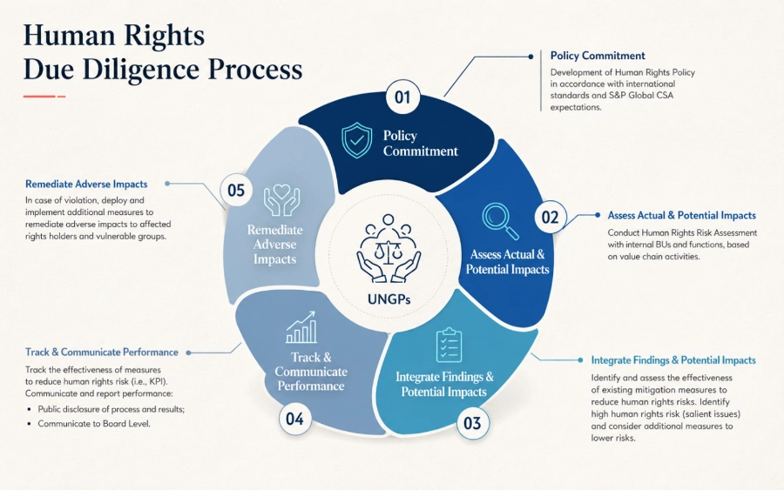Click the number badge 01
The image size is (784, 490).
click(402, 97)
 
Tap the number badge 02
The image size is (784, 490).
click(550, 218)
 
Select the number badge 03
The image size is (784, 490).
click(472, 423)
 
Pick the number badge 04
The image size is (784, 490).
click(295, 419)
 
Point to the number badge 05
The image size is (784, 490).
click(236, 191)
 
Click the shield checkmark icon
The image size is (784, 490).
click(356, 140)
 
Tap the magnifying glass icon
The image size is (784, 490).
click(500, 221)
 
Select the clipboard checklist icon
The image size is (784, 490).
click(449, 346)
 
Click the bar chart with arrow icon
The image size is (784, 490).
click(301, 327)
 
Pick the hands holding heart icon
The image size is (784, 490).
click(282, 200)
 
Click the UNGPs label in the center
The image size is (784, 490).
click(389, 299)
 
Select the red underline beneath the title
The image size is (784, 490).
click(44, 96)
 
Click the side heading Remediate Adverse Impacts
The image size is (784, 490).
click(86, 184)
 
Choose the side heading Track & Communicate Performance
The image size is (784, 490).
click(102, 352)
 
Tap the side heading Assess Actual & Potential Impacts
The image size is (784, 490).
click(681, 215)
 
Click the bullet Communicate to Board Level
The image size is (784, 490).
click(94, 424)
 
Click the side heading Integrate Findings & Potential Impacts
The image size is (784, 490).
click(673, 360)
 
